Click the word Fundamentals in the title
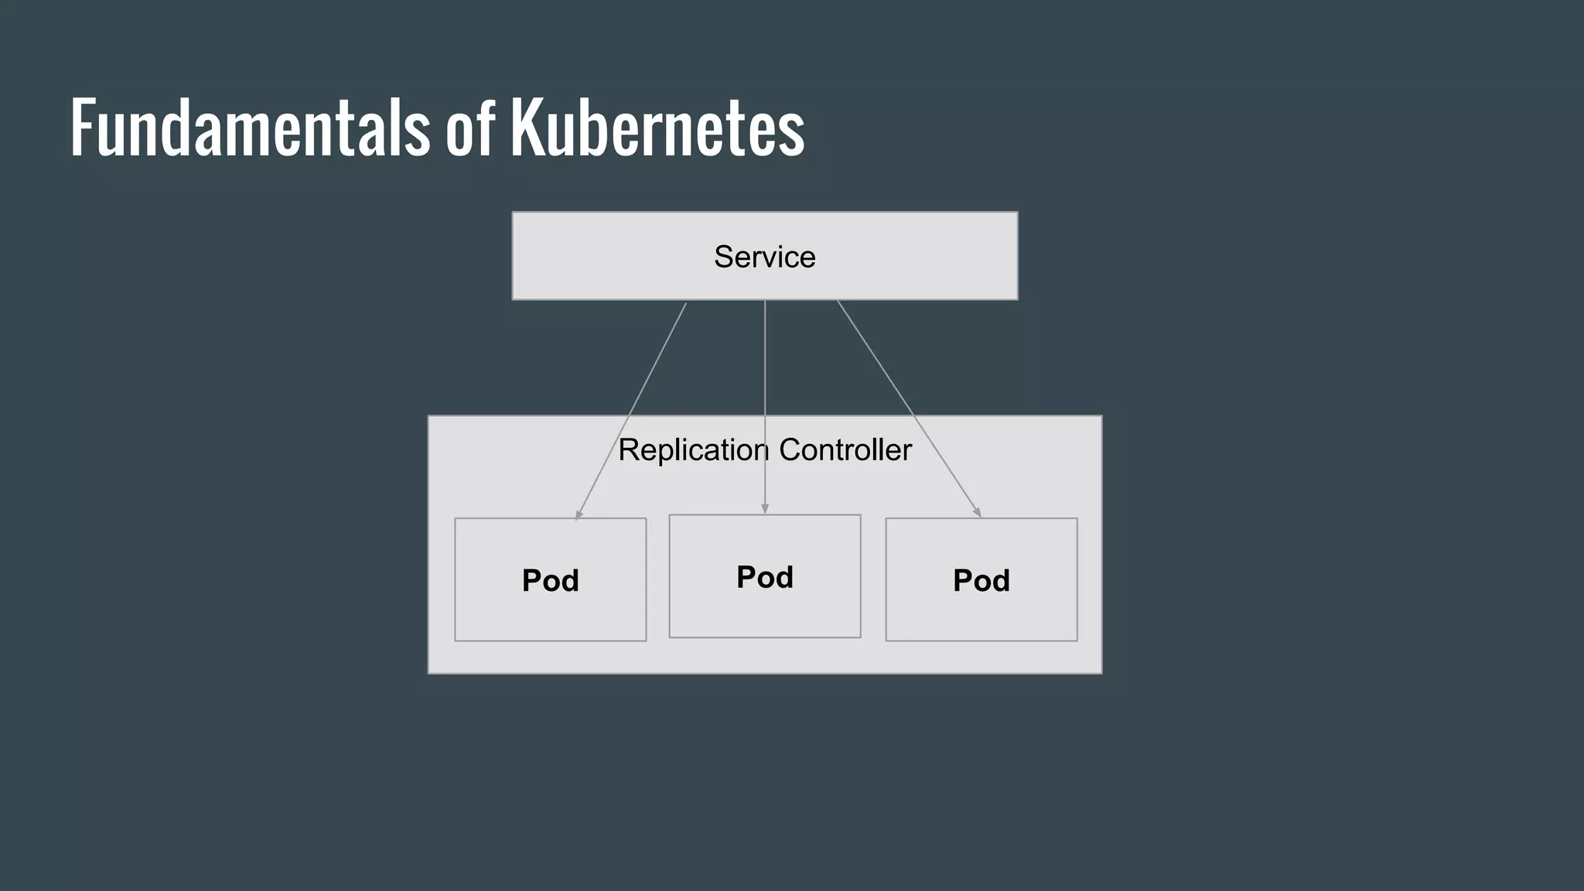click(x=249, y=128)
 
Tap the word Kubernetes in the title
click(x=657, y=128)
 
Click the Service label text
click(x=764, y=257)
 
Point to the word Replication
click(x=692, y=450)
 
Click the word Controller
click(x=845, y=450)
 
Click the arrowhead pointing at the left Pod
click(x=579, y=514)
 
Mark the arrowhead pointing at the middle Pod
click(x=765, y=509)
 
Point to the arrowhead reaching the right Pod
click(x=978, y=512)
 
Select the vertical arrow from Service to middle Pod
click(x=765, y=371)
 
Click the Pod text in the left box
click(x=550, y=581)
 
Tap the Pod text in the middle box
click(x=764, y=577)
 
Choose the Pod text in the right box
click(x=981, y=581)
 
